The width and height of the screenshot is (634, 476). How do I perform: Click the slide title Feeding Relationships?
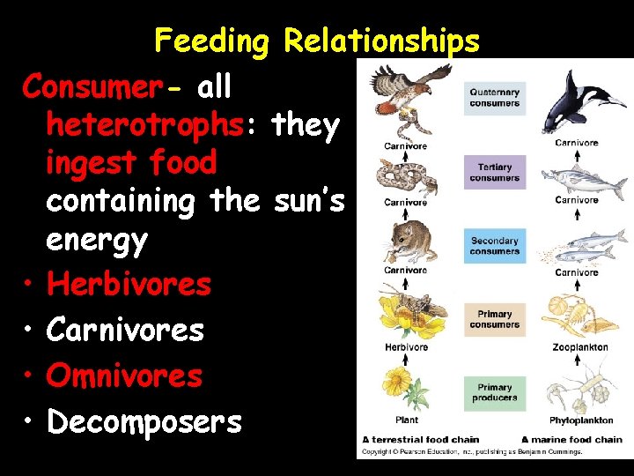[317, 41]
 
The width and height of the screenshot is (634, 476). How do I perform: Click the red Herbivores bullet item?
[129, 284]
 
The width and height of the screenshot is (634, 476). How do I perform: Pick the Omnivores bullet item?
[124, 376]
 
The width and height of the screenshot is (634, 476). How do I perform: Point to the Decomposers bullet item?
[144, 421]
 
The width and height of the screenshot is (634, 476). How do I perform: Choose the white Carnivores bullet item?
[125, 330]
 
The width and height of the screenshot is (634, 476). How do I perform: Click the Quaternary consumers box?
[494, 98]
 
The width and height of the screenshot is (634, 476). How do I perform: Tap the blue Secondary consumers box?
[494, 246]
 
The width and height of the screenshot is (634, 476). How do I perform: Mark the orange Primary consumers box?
[494, 319]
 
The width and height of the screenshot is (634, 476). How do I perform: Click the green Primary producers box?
[494, 392]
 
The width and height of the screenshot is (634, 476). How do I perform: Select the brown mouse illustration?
[404, 242]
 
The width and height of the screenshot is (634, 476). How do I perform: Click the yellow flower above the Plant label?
[404, 388]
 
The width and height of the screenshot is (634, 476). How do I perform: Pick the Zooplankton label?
[579, 347]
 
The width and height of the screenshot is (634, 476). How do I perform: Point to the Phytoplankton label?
[578, 420]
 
